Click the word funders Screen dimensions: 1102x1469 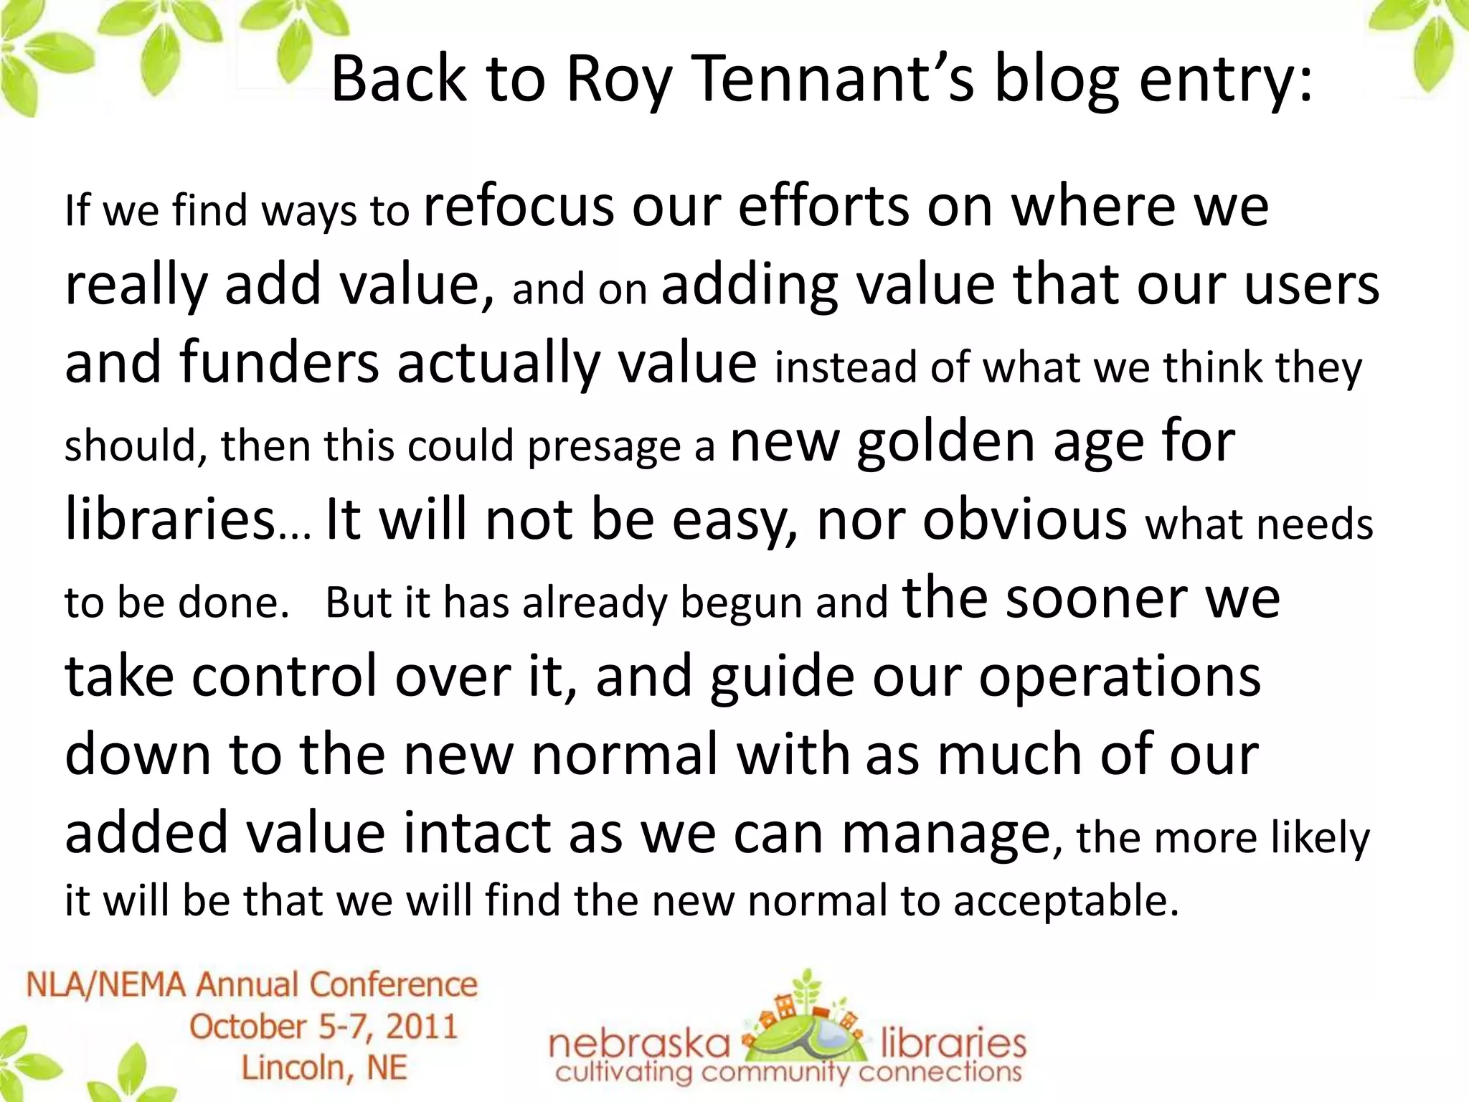pos(279,362)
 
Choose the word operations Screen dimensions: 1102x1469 pos(1119,677)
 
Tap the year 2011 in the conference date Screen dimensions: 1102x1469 pos(422,1027)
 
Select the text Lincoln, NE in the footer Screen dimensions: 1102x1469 pos(324,1068)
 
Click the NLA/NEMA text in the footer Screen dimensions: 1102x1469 pos(108,985)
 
